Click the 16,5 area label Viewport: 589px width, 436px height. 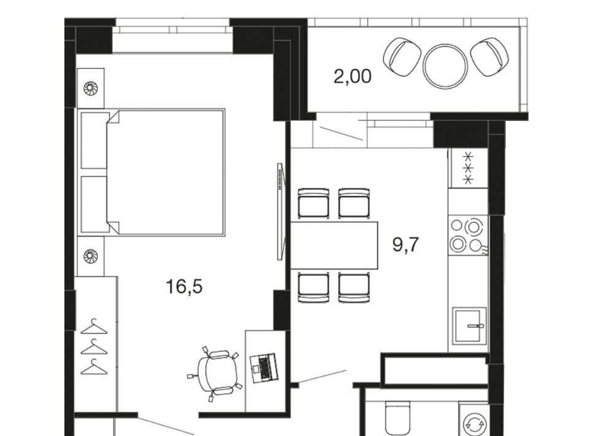[184, 287]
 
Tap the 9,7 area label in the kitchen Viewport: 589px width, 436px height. [406, 244]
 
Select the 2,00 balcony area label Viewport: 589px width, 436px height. [352, 76]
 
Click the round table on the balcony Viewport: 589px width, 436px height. [445, 66]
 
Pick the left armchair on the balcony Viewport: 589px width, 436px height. [401, 57]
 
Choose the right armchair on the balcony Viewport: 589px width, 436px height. [490, 56]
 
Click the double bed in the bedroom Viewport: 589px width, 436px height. [151, 173]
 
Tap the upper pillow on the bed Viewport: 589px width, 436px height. [94, 140]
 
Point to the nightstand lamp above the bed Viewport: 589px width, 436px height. [91, 88]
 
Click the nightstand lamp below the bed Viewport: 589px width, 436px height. [91, 256]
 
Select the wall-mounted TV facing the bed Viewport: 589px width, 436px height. [280, 211]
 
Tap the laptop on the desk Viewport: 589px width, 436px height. [264, 368]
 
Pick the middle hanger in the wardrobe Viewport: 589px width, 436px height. [94, 348]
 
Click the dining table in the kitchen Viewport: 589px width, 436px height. [334, 246]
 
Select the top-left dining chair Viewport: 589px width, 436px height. [314, 203]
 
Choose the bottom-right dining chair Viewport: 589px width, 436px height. [354, 287]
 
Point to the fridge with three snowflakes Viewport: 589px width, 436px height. [468, 168]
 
